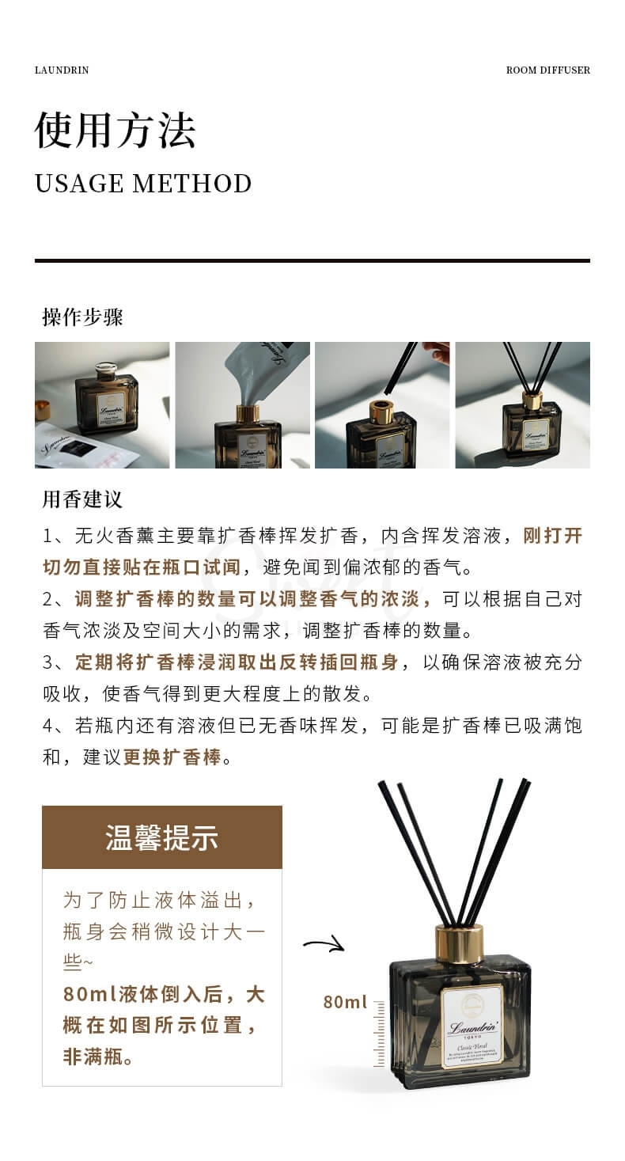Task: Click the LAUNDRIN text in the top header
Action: pos(62,70)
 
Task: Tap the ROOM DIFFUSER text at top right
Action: pos(547,70)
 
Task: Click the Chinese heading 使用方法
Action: pos(115,130)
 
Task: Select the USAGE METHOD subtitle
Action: pos(143,184)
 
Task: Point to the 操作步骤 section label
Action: pos(82,317)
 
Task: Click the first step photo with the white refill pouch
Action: pos(102,405)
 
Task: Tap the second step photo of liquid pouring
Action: pos(242,405)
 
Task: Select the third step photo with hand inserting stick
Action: pos(382,405)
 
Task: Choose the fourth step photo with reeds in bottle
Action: pos(522,405)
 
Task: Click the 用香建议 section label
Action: pos(82,499)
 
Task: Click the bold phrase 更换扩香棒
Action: pos(172,757)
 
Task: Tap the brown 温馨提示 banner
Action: pos(161,837)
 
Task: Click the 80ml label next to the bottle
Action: pos(345,1002)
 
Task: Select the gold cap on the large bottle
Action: pos(459,943)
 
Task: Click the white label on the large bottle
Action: pos(472,1026)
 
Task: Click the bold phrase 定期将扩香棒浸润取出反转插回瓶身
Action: pos(237,662)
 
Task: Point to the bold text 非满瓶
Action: pos(98,1057)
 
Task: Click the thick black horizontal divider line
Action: pos(312,260)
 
